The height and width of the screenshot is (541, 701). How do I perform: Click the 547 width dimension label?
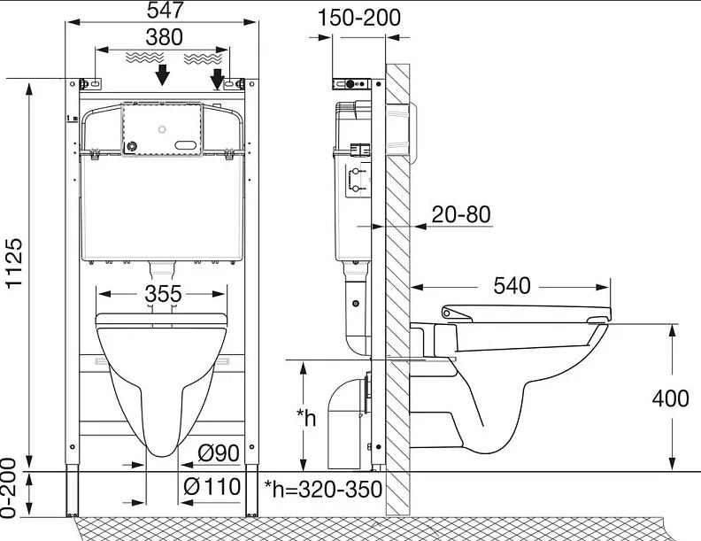pos(166,10)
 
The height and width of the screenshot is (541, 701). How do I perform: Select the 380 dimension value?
pos(164,37)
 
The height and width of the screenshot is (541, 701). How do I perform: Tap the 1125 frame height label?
pos(14,263)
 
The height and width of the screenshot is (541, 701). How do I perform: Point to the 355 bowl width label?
pos(163,294)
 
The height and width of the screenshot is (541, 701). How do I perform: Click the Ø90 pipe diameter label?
pos(219,453)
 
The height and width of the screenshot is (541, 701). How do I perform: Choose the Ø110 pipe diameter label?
pos(212,486)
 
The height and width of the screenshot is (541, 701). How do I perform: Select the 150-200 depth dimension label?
pos(359,18)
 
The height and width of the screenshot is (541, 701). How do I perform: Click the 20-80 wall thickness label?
pos(461,214)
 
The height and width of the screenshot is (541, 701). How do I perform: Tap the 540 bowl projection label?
pos(512,286)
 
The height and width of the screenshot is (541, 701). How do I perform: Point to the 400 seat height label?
pos(670,398)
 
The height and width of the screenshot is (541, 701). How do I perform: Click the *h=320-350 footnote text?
pos(323,489)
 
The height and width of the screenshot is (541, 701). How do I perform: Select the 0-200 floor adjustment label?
pos(10,488)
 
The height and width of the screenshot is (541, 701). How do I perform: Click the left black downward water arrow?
pos(163,74)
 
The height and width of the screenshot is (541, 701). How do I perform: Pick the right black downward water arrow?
pos(217,79)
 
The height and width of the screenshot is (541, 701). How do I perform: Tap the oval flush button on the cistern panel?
pos(185,145)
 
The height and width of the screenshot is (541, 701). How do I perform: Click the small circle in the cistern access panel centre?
pos(162,129)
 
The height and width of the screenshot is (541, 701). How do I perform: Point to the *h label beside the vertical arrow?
pos(306,419)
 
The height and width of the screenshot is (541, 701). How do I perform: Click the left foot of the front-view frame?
pos(72,491)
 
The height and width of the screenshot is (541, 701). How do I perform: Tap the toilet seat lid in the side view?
pos(527,313)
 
